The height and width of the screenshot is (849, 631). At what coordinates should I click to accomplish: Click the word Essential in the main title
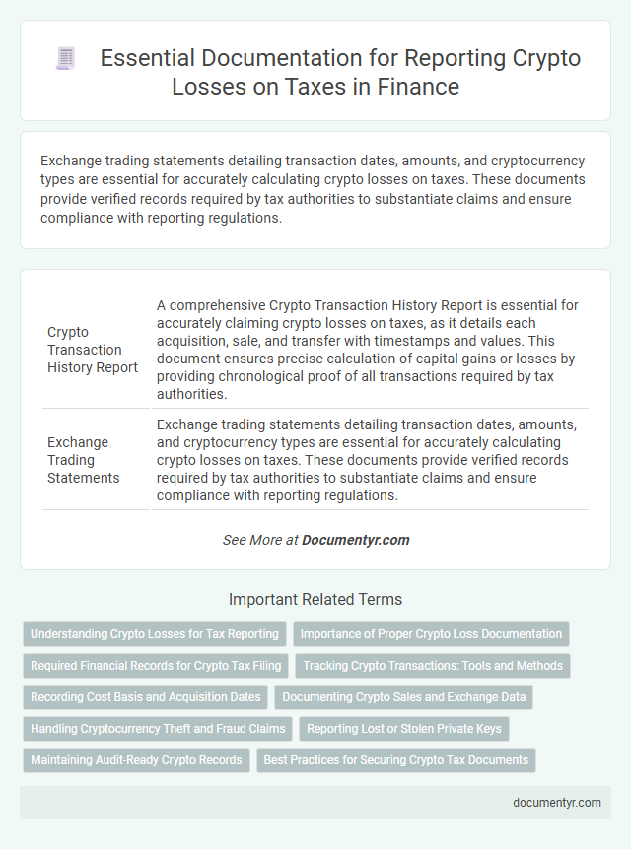pyautogui.click(x=146, y=59)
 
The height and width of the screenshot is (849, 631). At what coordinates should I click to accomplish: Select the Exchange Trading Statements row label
pyautogui.click(x=81, y=460)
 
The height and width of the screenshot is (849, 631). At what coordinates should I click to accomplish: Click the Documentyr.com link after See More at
pyautogui.click(x=355, y=540)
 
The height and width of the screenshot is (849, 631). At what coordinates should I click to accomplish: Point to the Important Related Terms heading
pyautogui.click(x=315, y=599)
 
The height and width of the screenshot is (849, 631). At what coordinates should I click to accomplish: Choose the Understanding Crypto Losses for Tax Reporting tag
pyautogui.click(x=154, y=634)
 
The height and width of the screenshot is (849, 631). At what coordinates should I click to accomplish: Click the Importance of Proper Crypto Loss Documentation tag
pyautogui.click(x=431, y=634)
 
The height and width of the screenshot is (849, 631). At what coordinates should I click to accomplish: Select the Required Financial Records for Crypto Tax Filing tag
pyautogui.click(x=156, y=666)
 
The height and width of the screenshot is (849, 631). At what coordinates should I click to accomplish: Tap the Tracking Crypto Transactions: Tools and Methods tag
pyautogui.click(x=433, y=666)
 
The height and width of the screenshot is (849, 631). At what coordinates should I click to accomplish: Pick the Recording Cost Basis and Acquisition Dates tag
pyautogui.click(x=145, y=697)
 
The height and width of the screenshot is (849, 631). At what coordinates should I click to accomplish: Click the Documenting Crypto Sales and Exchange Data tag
pyautogui.click(x=404, y=697)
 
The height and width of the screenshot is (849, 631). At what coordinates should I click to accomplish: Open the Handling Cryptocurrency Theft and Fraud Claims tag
pyautogui.click(x=158, y=729)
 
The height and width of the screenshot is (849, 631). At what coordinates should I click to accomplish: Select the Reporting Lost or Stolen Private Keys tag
pyautogui.click(x=404, y=729)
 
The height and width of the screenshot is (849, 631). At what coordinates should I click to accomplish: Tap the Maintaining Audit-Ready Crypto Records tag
pyautogui.click(x=136, y=760)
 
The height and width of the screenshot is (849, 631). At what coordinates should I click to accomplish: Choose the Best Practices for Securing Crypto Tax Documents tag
pyautogui.click(x=396, y=760)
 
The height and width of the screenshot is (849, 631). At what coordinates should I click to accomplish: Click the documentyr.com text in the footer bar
pyautogui.click(x=557, y=802)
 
